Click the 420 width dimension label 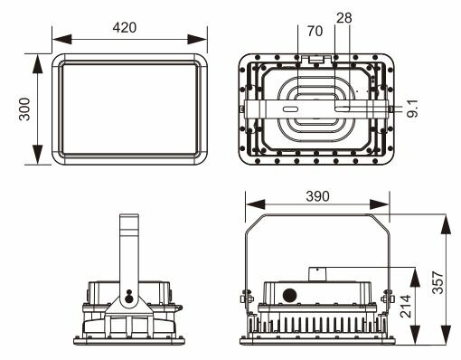pyautogui.click(x=125, y=27)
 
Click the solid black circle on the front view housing pyautogui.click(x=291, y=295)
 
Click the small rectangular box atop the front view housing pyautogui.click(x=318, y=273)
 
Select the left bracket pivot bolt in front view pyautogui.click(x=243, y=297)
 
